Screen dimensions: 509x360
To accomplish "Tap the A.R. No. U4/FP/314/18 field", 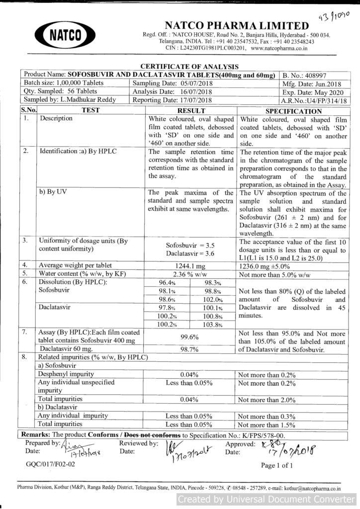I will coord(314,101).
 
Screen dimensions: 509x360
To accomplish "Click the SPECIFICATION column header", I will coord(293,111).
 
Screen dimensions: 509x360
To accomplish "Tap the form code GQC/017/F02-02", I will coord(51,464).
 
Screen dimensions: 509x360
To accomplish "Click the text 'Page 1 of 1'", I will coord(277,465).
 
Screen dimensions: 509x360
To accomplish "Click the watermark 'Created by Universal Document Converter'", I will coord(267,499).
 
